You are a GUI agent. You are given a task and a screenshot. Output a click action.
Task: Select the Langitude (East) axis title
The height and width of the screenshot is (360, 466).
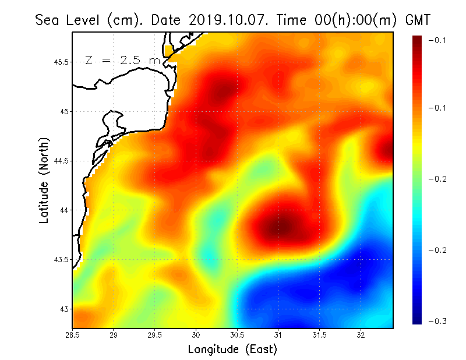point(232,349)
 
